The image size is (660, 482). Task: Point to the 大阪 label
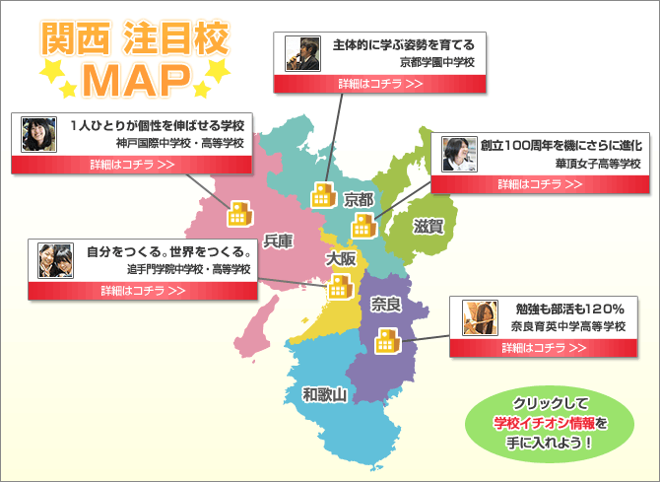341,258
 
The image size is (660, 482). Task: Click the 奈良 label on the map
386,305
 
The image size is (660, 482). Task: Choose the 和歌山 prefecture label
325,395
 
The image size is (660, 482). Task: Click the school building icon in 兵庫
240,214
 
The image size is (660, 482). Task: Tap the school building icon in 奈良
385,341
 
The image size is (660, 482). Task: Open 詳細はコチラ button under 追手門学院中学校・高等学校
144,290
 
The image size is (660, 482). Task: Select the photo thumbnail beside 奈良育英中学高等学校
478,315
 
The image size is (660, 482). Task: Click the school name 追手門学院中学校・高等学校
188,269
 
